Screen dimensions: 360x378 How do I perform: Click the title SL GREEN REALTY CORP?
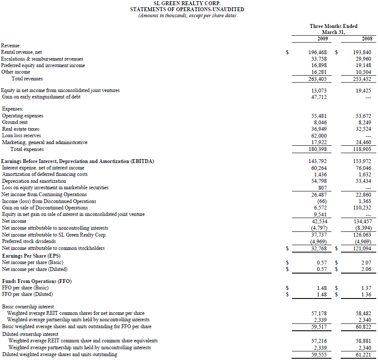pyautogui.click(x=187, y=3)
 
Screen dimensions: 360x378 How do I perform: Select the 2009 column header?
pyautogui.click(x=323, y=39)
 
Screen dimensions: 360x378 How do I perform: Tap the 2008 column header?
pyautogui.click(x=367, y=39)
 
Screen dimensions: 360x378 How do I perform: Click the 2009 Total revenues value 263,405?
pyautogui.click(x=318, y=79)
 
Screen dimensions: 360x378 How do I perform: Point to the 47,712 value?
pyautogui.click(x=319, y=97)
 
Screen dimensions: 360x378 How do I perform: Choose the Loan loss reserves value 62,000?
pyautogui.click(x=319, y=135)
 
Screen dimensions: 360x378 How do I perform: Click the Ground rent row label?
pyautogui.click(x=15, y=122)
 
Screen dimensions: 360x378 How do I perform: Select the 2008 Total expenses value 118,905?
pyautogui.click(x=363, y=149)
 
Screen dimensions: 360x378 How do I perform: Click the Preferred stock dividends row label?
pyautogui.click(x=29, y=241)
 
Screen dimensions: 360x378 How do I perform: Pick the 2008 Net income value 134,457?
pyautogui.click(x=363, y=221)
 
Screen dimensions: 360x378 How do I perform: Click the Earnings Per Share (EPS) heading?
pyautogui.click(x=31, y=255)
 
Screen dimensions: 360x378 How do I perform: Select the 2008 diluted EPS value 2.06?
pyautogui.click(x=366, y=269)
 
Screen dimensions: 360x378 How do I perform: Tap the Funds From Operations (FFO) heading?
pyautogui.click(x=37, y=281)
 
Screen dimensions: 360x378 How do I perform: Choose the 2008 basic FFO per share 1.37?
pyautogui.click(x=366, y=288)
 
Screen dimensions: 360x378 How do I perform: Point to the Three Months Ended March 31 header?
pyautogui.click(x=333, y=29)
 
